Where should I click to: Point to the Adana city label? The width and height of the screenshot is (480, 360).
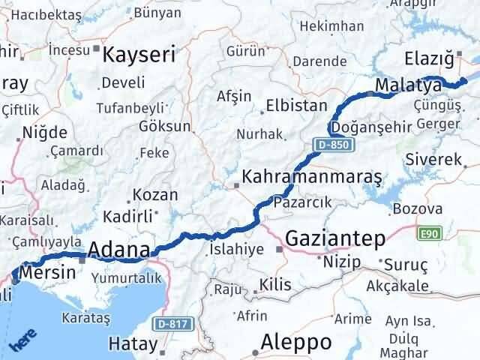pos(119,250)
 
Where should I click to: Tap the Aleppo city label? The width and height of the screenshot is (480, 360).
pos(296,342)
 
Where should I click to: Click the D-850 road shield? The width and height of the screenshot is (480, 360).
pos(330,143)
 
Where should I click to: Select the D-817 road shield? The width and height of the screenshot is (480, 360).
pos(173,325)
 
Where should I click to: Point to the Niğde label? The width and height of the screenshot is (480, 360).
pos(46,133)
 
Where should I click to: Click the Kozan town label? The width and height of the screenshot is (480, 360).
pos(155,195)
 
